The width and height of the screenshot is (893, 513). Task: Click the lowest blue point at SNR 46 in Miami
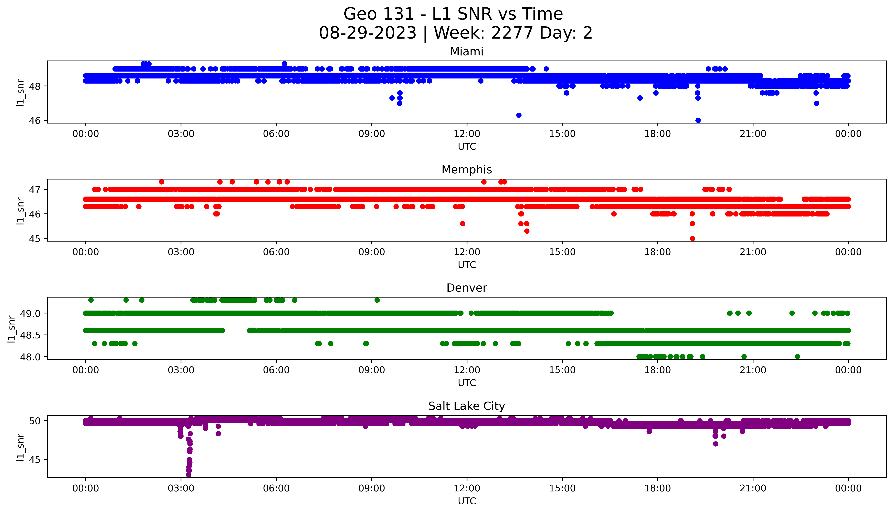point(698,120)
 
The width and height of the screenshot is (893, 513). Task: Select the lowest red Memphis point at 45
point(692,238)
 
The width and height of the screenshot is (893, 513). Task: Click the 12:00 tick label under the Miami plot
point(467,134)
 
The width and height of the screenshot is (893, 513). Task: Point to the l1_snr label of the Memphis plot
point(20,211)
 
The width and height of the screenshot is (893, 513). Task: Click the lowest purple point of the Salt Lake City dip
point(188,475)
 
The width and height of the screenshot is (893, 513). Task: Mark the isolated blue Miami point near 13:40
point(518,115)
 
